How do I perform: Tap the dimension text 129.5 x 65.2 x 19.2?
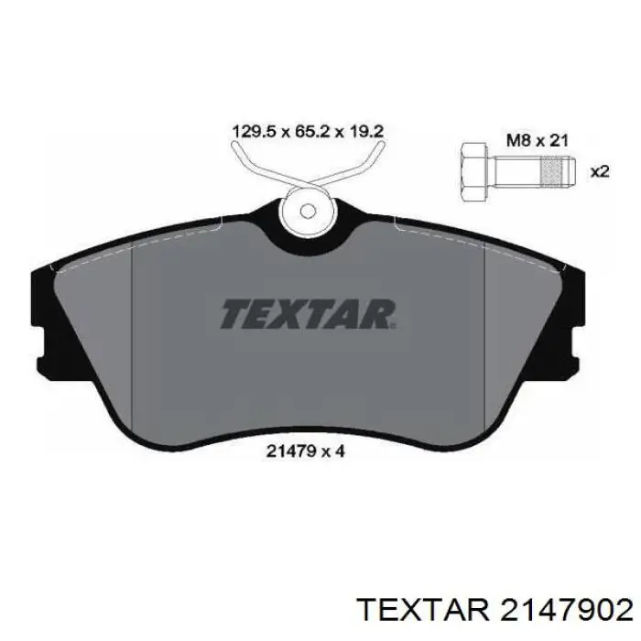coord(308,132)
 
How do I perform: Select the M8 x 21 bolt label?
coord(538,141)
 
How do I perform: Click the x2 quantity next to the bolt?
coord(600,172)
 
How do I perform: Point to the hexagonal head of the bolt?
coord(473,172)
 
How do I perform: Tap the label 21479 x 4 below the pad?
coord(306,451)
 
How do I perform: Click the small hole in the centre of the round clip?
coord(308,212)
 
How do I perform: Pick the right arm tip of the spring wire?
coord(381,145)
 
